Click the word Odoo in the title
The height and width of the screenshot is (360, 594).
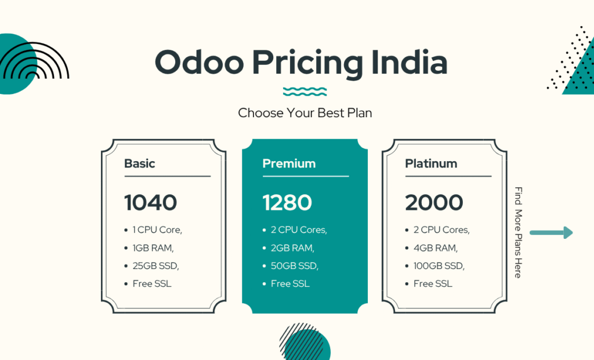coord(193,63)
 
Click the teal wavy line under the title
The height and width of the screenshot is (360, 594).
coord(305,92)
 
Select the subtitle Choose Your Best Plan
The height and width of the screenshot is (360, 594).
coord(305,113)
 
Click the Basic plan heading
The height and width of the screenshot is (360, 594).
coord(139,163)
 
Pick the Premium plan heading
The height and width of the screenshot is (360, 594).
coord(289,163)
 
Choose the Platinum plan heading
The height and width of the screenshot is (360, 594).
coord(431,163)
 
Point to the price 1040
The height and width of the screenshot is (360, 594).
coord(150,202)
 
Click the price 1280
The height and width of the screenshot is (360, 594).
coord(287,202)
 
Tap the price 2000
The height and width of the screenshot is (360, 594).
coord(434,202)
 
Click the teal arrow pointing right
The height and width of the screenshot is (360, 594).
coord(551,233)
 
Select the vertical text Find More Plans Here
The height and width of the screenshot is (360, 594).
coord(518,232)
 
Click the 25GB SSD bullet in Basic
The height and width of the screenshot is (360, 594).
coord(155,266)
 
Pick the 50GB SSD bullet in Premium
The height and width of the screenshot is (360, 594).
coord(295,266)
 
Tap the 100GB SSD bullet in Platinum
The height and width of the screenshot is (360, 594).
coord(439,266)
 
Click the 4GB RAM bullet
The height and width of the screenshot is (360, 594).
coord(436,248)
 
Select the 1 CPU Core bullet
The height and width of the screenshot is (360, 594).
coord(157,230)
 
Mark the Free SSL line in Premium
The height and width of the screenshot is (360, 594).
coord(290,284)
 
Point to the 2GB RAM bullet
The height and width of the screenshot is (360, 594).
coord(292,248)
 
